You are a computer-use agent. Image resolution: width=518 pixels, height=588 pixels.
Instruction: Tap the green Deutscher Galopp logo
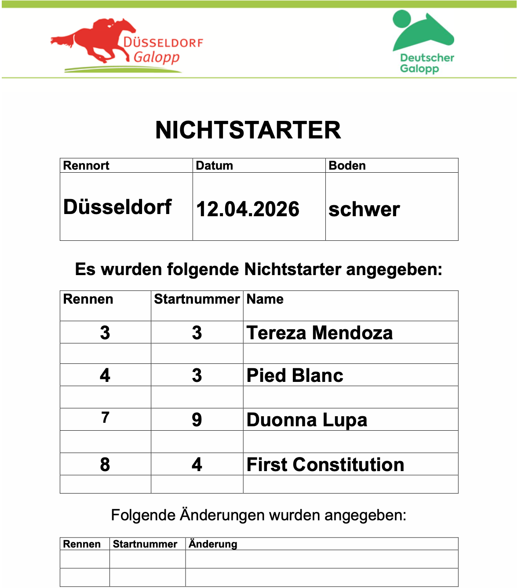423,42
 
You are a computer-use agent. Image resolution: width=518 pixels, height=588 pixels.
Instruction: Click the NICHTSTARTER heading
248,130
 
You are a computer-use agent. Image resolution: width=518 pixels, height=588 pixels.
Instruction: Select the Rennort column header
86,166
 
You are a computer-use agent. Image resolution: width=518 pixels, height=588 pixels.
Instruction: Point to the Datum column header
215,166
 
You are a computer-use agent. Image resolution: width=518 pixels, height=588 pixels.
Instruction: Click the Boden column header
347,166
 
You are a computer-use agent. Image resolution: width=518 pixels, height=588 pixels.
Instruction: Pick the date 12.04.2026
248,209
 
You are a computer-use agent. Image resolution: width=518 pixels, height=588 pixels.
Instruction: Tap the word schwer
364,209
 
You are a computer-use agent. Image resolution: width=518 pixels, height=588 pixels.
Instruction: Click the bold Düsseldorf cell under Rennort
117,207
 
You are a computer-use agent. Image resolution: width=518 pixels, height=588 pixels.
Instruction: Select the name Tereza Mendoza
320,333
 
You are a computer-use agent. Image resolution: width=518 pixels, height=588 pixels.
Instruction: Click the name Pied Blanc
295,375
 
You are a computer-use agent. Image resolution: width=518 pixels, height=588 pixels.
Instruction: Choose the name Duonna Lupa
307,420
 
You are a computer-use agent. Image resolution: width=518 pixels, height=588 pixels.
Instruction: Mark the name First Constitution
325,465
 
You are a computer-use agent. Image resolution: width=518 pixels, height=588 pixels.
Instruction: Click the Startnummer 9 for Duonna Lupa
197,420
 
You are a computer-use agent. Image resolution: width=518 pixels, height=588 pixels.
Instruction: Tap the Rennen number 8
105,465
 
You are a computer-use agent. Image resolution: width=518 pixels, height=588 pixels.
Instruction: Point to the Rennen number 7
105,417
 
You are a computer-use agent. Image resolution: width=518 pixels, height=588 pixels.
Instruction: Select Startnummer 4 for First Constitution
197,465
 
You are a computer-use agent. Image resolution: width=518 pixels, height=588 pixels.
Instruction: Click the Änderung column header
213,544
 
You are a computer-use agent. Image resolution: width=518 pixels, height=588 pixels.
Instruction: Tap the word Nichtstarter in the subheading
292,269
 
